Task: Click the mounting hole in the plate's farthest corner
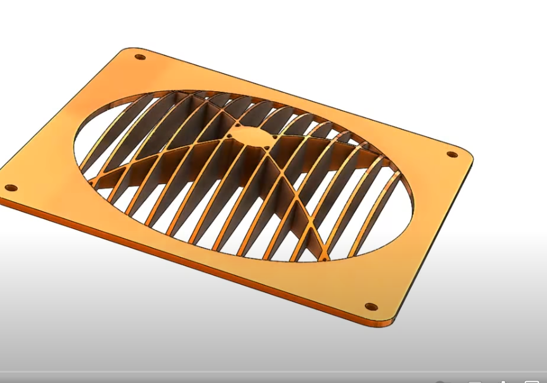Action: coord(140,57)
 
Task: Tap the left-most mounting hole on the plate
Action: coord(10,188)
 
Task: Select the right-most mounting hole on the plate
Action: coord(452,155)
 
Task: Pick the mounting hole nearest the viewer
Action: coord(371,307)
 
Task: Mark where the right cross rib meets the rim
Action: coord(382,161)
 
